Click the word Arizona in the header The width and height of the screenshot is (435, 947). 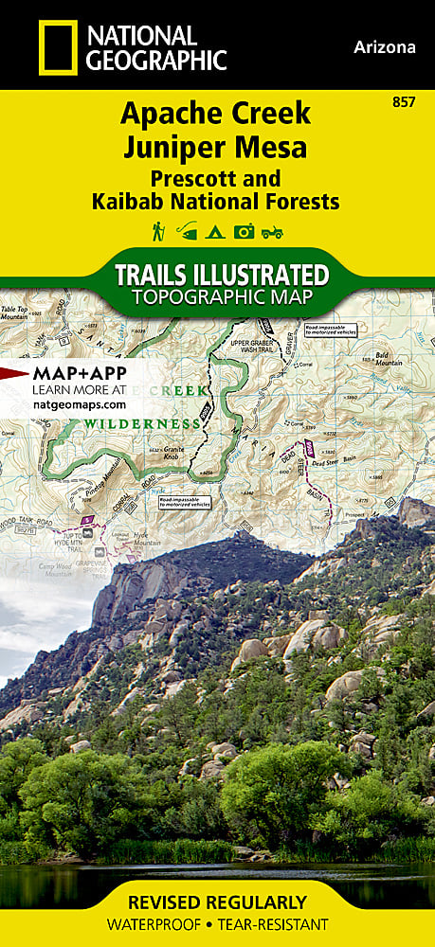[x=385, y=46]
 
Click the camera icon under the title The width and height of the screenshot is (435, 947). [x=245, y=230]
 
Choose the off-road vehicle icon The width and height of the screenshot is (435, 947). [x=273, y=230]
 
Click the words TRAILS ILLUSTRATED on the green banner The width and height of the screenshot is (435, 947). [x=221, y=275]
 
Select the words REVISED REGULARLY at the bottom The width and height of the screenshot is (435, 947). [x=218, y=902]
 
